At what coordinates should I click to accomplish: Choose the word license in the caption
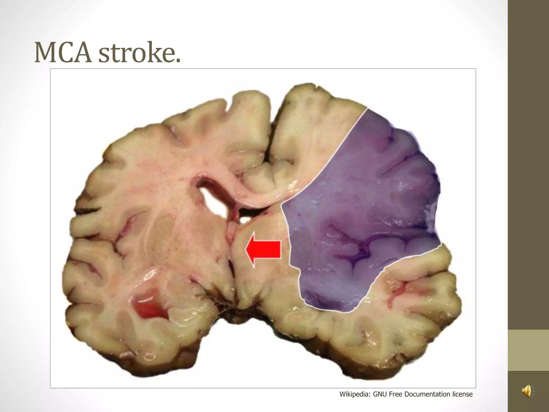[462, 394]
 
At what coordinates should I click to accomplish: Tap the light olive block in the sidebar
[528, 350]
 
